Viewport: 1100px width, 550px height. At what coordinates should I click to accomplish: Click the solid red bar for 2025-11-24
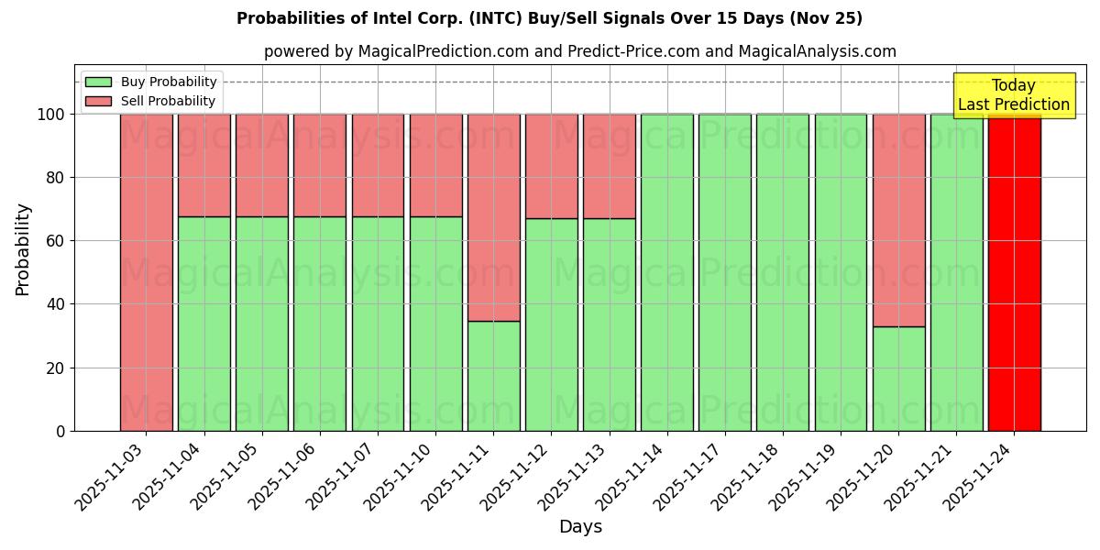tap(1014, 272)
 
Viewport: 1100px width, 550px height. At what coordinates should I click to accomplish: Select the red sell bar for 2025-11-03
tap(147, 272)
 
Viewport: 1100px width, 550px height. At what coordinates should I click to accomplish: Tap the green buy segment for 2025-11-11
tap(493, 376)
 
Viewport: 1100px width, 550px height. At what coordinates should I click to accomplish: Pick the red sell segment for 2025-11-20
tap(898, 220)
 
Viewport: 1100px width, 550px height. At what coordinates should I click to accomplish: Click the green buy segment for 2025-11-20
tap(898, 379)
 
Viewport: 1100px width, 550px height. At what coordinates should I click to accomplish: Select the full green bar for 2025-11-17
tap(725, 272)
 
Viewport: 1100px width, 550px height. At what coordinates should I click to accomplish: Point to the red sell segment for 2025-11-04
tap(204, 165)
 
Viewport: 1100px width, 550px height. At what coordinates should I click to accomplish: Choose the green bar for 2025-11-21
tap(956, 272)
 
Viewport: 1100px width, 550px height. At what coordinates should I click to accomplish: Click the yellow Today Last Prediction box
tap(1014, 95)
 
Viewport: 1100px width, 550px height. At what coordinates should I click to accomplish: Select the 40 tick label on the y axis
tap(57, 304)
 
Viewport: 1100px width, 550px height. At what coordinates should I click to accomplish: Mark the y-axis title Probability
tap(23, 248)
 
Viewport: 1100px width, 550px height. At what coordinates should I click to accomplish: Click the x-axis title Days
tap(580, 527)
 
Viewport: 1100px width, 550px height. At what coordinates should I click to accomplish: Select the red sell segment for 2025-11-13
tap(609, 166)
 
